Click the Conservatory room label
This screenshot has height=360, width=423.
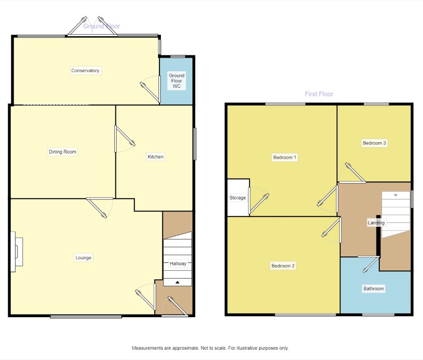[x=85, y=71]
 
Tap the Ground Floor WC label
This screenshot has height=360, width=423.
[x=177, y=81]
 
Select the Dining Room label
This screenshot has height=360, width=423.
[x=62, y=152]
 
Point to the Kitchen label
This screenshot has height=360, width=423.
[x=155, y=157]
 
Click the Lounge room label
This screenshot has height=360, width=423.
[x=83, y=257]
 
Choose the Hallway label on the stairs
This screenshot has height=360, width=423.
[x=178, y=264]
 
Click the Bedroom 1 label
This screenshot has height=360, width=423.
[x=285, y=157]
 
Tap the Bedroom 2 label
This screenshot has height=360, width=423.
[x=283, y=266]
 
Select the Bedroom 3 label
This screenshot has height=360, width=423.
[x=374, y=143]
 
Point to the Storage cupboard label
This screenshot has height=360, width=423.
[x=238, y=198]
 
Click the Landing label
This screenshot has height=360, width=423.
[x=376, y=223]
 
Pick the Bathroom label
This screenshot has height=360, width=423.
[x=373, y=288]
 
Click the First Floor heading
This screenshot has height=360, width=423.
[x=319, y=94]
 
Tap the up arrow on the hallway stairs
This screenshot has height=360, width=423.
[x=177, y=282]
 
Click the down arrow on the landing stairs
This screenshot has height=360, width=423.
[x=396, y=195]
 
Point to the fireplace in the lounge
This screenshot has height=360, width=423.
[x=17, y=252]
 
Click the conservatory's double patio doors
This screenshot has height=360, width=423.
[x=92, y=27]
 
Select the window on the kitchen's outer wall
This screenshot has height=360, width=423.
[x=195, y=144]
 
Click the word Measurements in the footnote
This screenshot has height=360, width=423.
[x=148, y=348]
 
